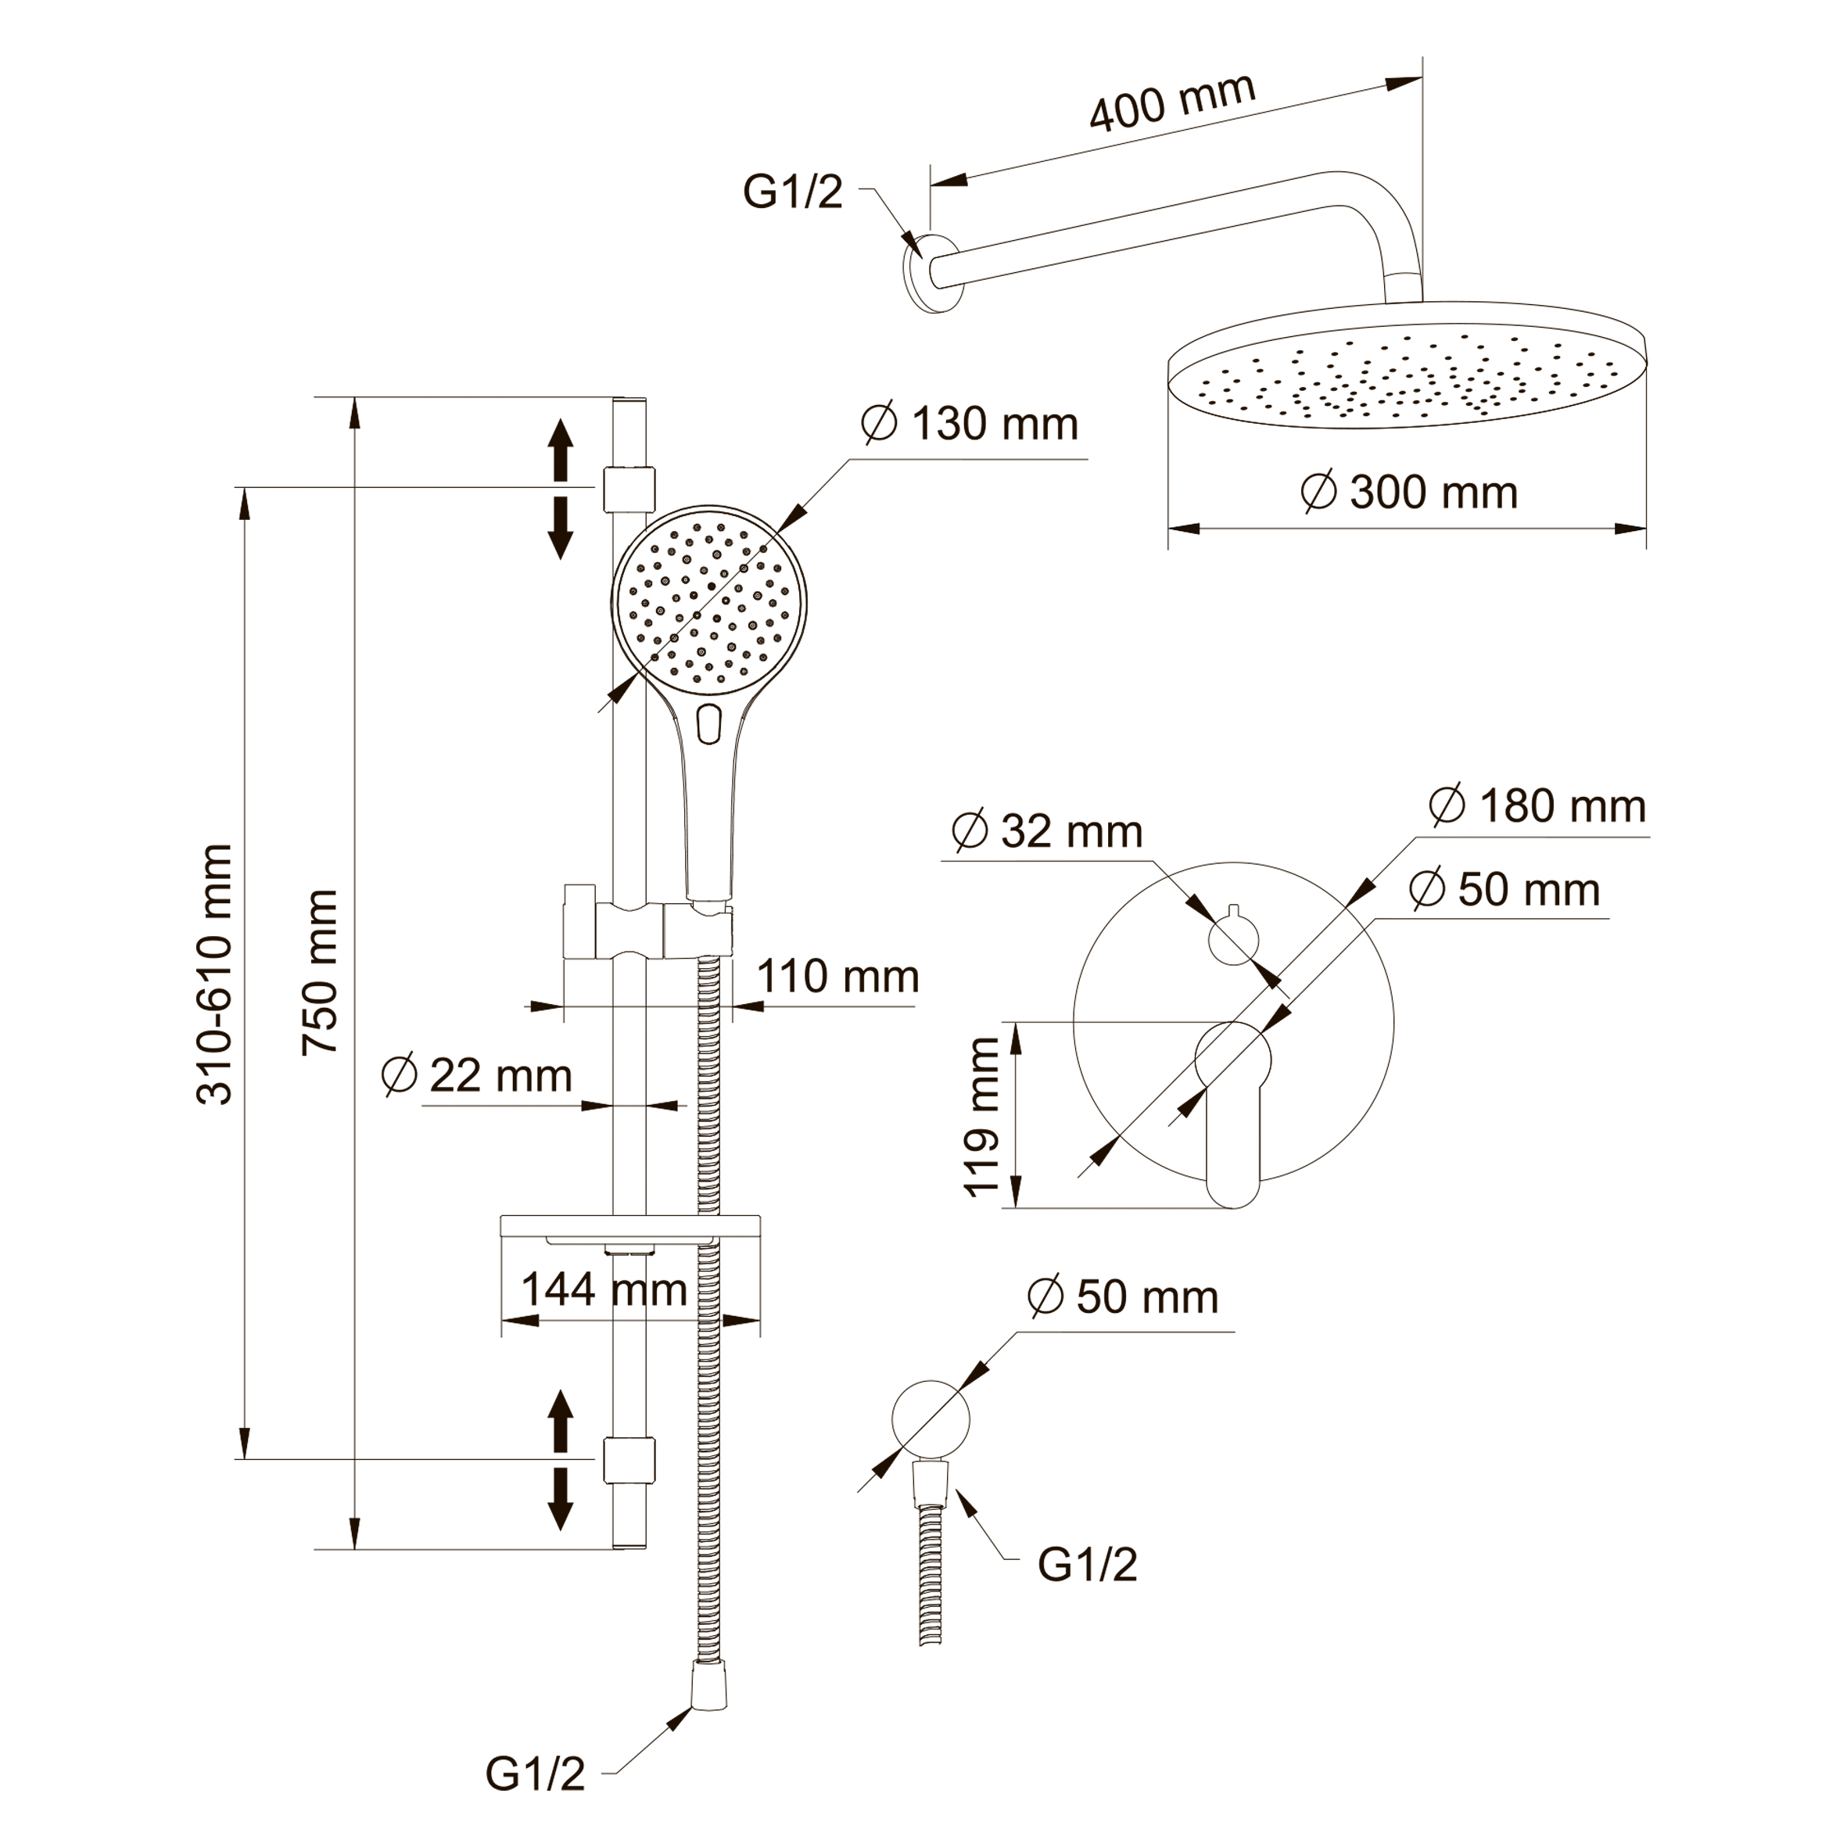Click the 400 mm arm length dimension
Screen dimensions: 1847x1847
click(1171, 102)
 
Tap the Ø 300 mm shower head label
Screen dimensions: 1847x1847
click(1409, 493)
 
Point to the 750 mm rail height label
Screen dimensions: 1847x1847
click(321, 972)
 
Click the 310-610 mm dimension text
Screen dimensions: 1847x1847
click(215, 974)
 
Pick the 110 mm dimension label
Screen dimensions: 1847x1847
click(837, 977)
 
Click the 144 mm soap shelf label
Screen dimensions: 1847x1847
click(604, 1289)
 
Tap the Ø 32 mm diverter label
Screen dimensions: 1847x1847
click(1047, 832)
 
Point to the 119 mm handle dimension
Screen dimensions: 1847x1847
click(982, 1117)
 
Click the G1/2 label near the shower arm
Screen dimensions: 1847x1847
click(793, 192)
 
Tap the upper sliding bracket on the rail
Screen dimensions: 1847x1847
click(629, 489)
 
